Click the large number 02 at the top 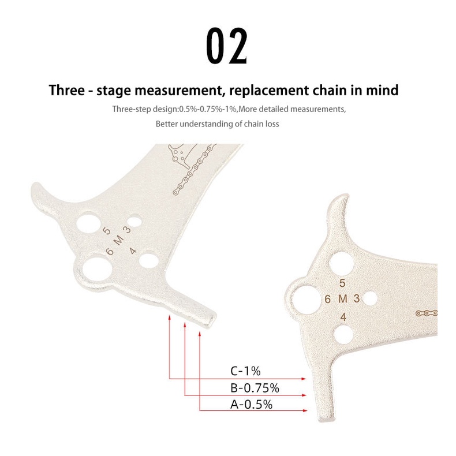click(x=227, y=46)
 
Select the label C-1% click(x=245, y=371)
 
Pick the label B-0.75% click(x=255, y=388)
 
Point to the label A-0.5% click(x=251, y=405)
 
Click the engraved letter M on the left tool click(x=118, y=241)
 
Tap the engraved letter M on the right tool click(x=343, y=298)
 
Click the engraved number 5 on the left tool click(x=107, y=231)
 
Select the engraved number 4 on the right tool click(x=343, y=317)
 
